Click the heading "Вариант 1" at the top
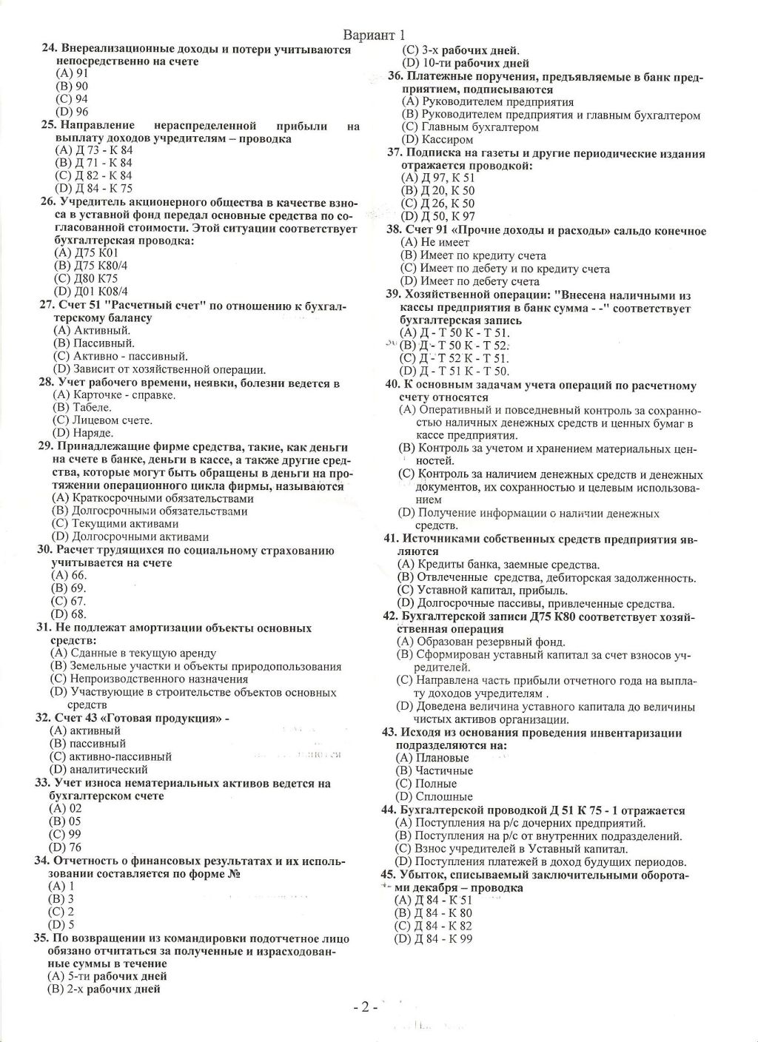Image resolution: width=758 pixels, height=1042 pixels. coord(375,36)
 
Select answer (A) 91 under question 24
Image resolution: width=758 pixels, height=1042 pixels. coord(73,73)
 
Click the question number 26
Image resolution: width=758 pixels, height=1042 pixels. coord(47,202)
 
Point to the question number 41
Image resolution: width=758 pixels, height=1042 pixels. coord(391,539)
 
